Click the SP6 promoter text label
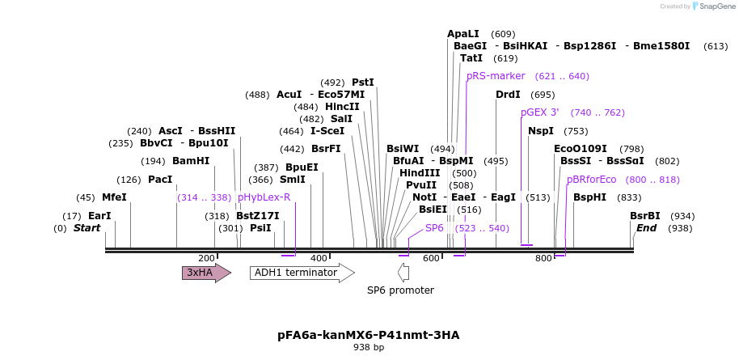tap(400, 290)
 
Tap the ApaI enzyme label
tap(463, 34)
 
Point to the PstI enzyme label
tap(362, 83)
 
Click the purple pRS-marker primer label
tap(496, 76)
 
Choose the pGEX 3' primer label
tap(539, 112)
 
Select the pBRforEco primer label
tap(591, 180)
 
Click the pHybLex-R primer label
tap(264, 197)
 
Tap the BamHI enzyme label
tap(191, 161)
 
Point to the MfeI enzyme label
tap(114, 197)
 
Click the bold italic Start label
tap(87, 228)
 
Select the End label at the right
tap(647, 228)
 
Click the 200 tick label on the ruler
tap(206, 258)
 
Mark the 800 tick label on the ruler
tap(543, 258)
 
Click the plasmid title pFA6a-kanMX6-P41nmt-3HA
tap(369, 334)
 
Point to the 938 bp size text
tap(369, 348)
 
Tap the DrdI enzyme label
tap(508, 95)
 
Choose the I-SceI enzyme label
tap(327, 131)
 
